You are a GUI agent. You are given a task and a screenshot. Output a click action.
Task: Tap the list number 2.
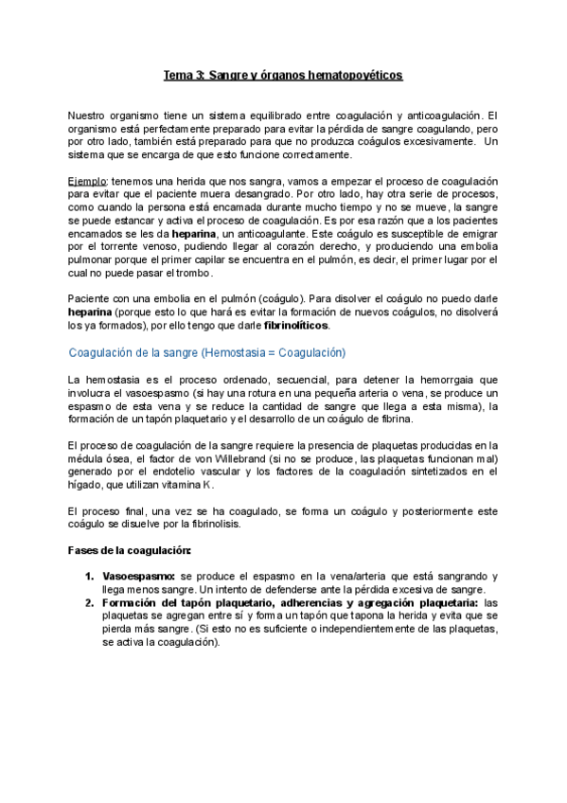click(88, 602)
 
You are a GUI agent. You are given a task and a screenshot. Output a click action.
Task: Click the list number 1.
click(88, 576)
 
